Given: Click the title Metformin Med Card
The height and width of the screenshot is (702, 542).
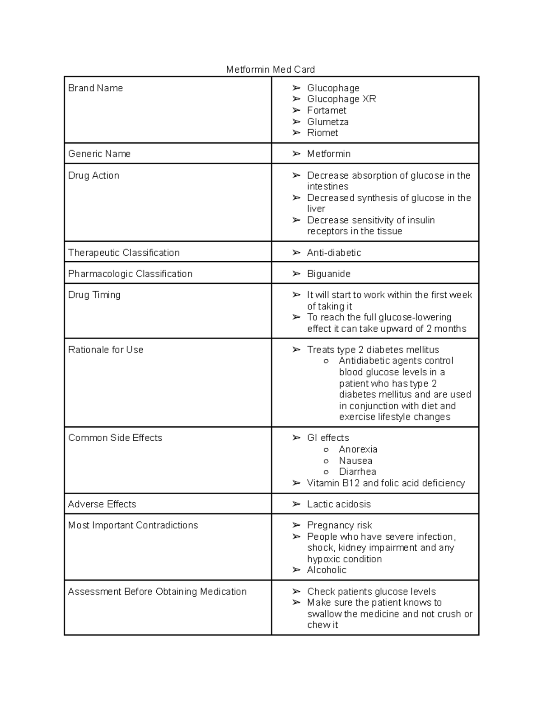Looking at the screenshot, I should click(271, 69).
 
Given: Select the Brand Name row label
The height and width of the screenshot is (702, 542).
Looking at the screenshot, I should click(95, 88).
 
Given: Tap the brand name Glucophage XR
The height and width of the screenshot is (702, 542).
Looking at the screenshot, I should click(341, 99).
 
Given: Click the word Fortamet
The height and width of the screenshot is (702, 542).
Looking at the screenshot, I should click(327, 110).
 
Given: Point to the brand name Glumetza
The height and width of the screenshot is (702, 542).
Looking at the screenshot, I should click(327, 122).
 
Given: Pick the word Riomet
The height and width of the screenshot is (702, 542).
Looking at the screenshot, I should click(322, 133).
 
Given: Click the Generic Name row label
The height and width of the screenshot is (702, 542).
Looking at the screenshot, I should click(99, 154).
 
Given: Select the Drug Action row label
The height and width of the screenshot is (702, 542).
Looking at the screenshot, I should click(93, 175).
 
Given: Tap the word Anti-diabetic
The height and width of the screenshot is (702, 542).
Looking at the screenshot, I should click(334, 253).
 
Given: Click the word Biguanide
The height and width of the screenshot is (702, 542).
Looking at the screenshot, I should click(329, 274).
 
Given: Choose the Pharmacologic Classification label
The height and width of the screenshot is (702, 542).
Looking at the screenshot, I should click(130, 274).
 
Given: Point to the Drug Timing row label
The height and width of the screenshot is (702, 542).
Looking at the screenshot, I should click(94, 295).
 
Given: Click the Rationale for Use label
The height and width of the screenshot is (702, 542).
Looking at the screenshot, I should click(106, 350).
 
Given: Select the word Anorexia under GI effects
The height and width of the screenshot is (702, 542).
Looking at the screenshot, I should click(358, 449).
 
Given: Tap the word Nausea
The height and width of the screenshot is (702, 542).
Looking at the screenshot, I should click(355, 461).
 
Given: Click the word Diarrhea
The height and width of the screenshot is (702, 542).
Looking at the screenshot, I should click(357, 471).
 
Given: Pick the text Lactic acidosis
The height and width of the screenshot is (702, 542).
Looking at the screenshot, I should click(339, 504).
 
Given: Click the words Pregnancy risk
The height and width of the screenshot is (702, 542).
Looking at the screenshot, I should click(339, 525).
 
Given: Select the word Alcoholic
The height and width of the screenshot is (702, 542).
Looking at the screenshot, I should click(327, 570).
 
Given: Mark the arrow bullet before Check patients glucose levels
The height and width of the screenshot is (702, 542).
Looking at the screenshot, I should click(296, 592).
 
